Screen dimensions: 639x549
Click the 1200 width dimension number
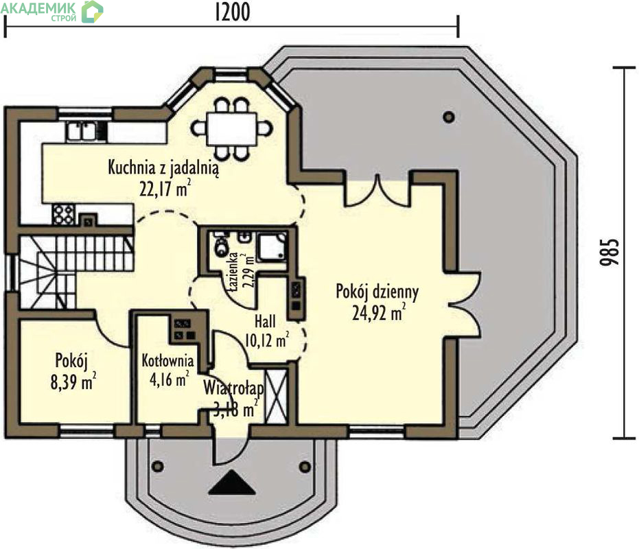point(232,12)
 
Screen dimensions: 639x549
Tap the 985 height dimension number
point(609,253)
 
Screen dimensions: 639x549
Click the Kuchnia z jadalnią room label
point(163,167)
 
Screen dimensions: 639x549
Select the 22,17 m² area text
point(165,189)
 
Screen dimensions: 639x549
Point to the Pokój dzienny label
point(377,292)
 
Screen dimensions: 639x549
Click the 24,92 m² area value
point(379,313)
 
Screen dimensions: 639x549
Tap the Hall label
point(265,321)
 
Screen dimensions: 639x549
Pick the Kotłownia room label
point(167,361)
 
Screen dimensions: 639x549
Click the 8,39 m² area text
point(73,382)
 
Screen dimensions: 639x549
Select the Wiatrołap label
point(233,388)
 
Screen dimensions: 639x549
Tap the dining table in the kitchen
point(231,129)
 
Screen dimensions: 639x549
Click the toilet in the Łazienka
point(221,246)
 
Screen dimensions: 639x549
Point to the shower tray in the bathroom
point(272,246)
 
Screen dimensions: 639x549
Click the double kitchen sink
point(82,131)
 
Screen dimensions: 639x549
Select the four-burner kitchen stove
point(64,215)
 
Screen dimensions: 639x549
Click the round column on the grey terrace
point(449,117)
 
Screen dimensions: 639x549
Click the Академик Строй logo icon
point(92,12)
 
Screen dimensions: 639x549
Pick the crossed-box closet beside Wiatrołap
point(276,397)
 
